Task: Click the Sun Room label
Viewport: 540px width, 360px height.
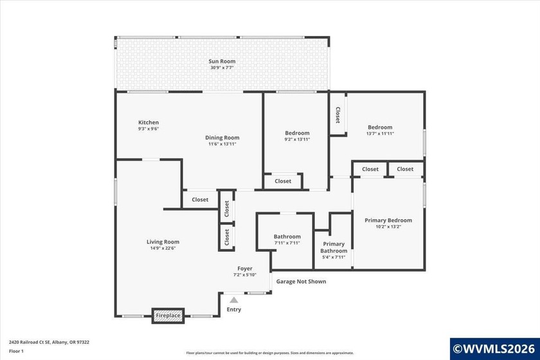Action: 222,61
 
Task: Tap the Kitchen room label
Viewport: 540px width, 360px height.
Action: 148,122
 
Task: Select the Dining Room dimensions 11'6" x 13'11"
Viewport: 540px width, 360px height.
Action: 222,144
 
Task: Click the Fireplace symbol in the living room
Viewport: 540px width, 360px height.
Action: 168,316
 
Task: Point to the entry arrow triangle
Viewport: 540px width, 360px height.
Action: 234,300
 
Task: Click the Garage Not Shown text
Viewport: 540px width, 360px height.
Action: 301,282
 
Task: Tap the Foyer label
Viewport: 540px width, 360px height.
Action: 244,268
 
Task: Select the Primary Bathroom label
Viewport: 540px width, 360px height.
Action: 334,248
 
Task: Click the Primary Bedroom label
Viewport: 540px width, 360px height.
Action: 388,220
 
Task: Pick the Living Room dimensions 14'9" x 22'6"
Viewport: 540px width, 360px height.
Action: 163,248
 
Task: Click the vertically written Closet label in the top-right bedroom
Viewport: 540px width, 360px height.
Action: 337,114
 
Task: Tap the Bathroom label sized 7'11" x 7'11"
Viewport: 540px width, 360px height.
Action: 287,237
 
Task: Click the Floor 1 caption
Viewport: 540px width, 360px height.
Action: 16,351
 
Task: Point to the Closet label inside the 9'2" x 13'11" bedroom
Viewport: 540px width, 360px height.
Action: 283,181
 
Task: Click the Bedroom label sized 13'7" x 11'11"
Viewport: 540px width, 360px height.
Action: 380,127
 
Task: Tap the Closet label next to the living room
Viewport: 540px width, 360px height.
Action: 200,199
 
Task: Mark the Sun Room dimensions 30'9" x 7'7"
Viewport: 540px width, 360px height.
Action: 222,67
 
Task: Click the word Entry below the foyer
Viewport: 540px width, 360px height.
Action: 234,310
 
